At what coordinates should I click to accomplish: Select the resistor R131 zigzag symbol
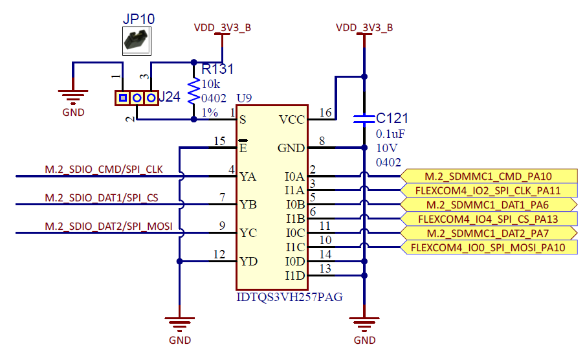pyautogui.click(x=193, y=91)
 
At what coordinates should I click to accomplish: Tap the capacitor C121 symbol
pyautogui.click(x=364, y=119)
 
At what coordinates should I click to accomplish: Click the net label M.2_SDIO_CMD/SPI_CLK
pyautogui.click(x=104, y=170)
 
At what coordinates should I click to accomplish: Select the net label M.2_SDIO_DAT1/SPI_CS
pyautogui.click(x=101, y=197)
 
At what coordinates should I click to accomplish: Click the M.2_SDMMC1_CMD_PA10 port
pyautogui.click(x=489, y=176)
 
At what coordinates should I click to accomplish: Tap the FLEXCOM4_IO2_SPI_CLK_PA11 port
pyautogui.click(x=489, y=190)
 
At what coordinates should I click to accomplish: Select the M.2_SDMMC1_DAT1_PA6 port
pyautogui.click(x=489, y=205)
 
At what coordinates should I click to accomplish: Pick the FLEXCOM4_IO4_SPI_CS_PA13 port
pyautogui.click(x=489, y=219)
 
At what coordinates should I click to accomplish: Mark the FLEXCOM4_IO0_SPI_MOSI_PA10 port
pyautogui.click(x=489, y=247)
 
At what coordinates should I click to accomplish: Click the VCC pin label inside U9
pyautogui.click(x=291, y=120)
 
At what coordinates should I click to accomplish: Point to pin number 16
pyautogui.click(x=326, y=113)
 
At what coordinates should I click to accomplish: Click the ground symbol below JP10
pyautogui.click(x=73, y=98)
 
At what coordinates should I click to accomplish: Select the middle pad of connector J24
pyautogui.click(x=137, y=98)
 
